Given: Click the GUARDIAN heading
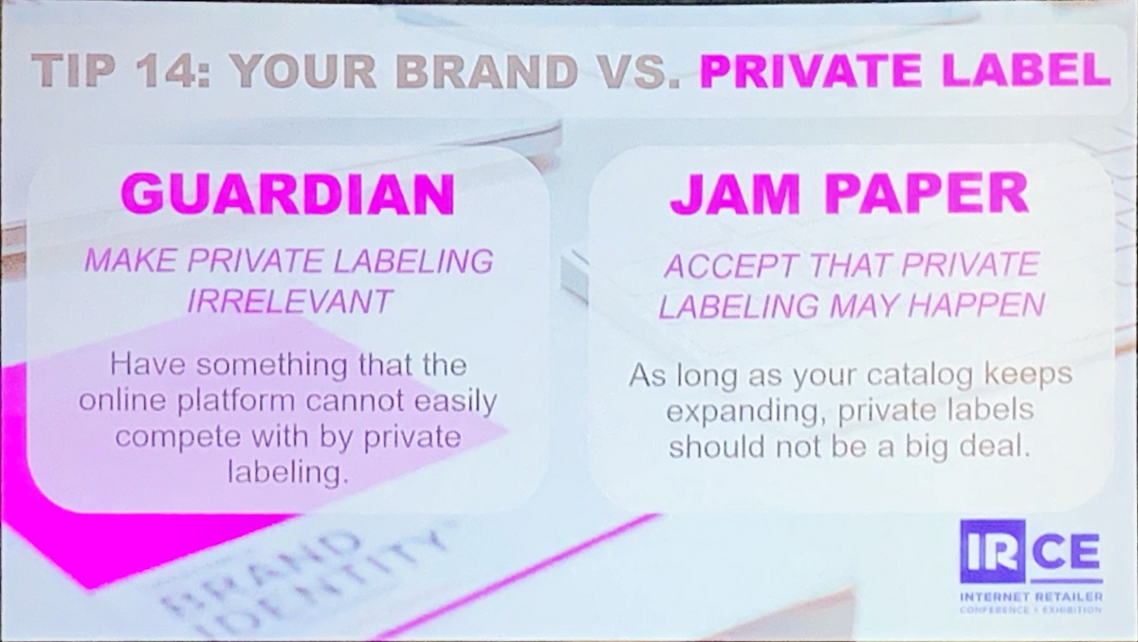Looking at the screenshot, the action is (x=288, y=194).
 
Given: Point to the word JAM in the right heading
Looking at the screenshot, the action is (x=735, y=194).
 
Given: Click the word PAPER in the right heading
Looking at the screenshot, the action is (x=927, y=194).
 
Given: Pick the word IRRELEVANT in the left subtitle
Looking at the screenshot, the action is (x=290, y=302).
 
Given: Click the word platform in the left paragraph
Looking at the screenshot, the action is (x=236, y=401).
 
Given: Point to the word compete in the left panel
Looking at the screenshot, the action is (x=177, y=438).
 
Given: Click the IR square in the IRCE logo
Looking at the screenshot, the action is (x=992, y=551).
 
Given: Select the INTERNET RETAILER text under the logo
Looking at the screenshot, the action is (x=1032, y=596).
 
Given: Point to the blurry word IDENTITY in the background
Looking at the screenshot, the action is (x=321, y=589).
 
